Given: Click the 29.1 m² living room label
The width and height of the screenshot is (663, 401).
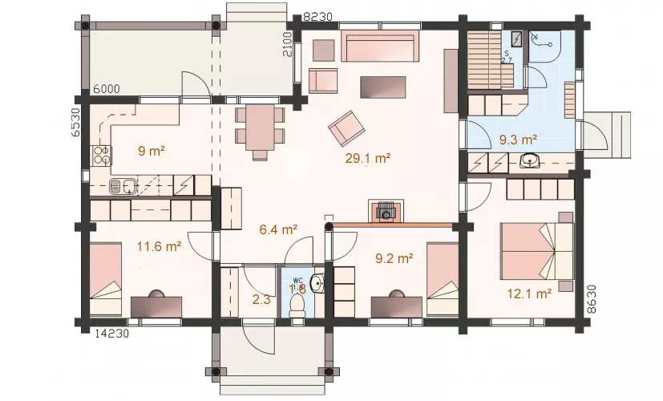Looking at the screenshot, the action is pos(367,159).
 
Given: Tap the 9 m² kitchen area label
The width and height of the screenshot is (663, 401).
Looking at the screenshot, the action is pos(151,151).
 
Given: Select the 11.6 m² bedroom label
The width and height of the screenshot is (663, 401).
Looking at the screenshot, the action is pos(159,246).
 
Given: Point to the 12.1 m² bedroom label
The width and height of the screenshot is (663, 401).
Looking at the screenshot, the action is pos(529,294).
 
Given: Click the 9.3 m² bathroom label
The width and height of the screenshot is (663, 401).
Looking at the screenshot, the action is pos(519,140).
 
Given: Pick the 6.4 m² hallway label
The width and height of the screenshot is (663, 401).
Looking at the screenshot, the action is pos(278,229).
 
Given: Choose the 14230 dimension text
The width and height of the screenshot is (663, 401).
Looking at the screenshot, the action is pos(111,334).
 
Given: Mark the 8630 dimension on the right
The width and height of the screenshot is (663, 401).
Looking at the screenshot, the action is pos(592,299).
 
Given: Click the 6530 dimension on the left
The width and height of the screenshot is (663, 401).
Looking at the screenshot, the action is pos(75,122).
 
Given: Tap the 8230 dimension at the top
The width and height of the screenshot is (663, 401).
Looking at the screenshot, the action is pos(318,17).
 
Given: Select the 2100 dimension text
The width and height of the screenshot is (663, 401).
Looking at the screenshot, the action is pos(288,44).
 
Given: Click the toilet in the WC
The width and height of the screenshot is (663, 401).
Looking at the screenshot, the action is pos(297,306).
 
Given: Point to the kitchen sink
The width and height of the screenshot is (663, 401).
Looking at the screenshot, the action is pos(123,186).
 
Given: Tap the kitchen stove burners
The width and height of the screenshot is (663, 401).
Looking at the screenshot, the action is pos(101,155).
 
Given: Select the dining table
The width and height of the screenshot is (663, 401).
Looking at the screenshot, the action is pos(260,128).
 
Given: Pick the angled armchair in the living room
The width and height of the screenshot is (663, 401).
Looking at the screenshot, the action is pos(346,128).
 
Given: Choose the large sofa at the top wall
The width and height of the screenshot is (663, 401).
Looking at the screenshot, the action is pos(380,46).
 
